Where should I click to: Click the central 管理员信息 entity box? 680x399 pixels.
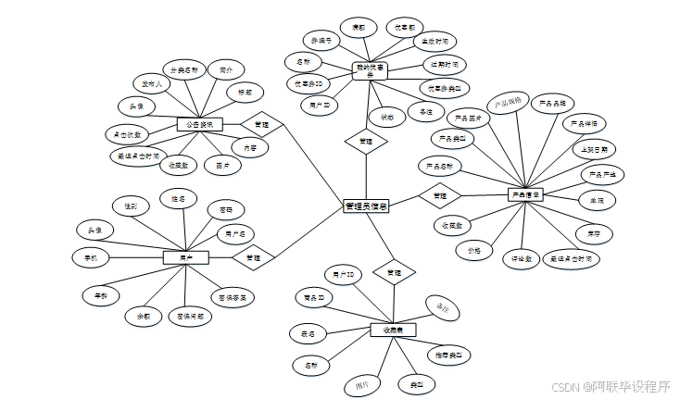pyautogui.click(x=365, y=206)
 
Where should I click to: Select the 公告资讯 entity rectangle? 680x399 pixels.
pyautogui.click(x=197, y=124)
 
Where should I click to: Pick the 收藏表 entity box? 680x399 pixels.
pyautogui.click(x=393, y=330)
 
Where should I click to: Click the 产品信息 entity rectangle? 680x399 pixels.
pyautogui.click(x=525, y=194)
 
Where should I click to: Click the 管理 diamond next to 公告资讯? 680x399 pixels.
pyautogui.click(x=261, y=124)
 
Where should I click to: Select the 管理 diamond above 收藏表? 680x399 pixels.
pyautogui.click(x=394, y=273)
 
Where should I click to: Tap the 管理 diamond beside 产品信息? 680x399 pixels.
pyautogui.click(x=440, y=195)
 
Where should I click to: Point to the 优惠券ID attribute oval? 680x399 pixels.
pyautogui.click(x=307, y=84)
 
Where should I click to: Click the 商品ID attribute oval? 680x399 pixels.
pyautogui.click(x=312, y=298)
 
